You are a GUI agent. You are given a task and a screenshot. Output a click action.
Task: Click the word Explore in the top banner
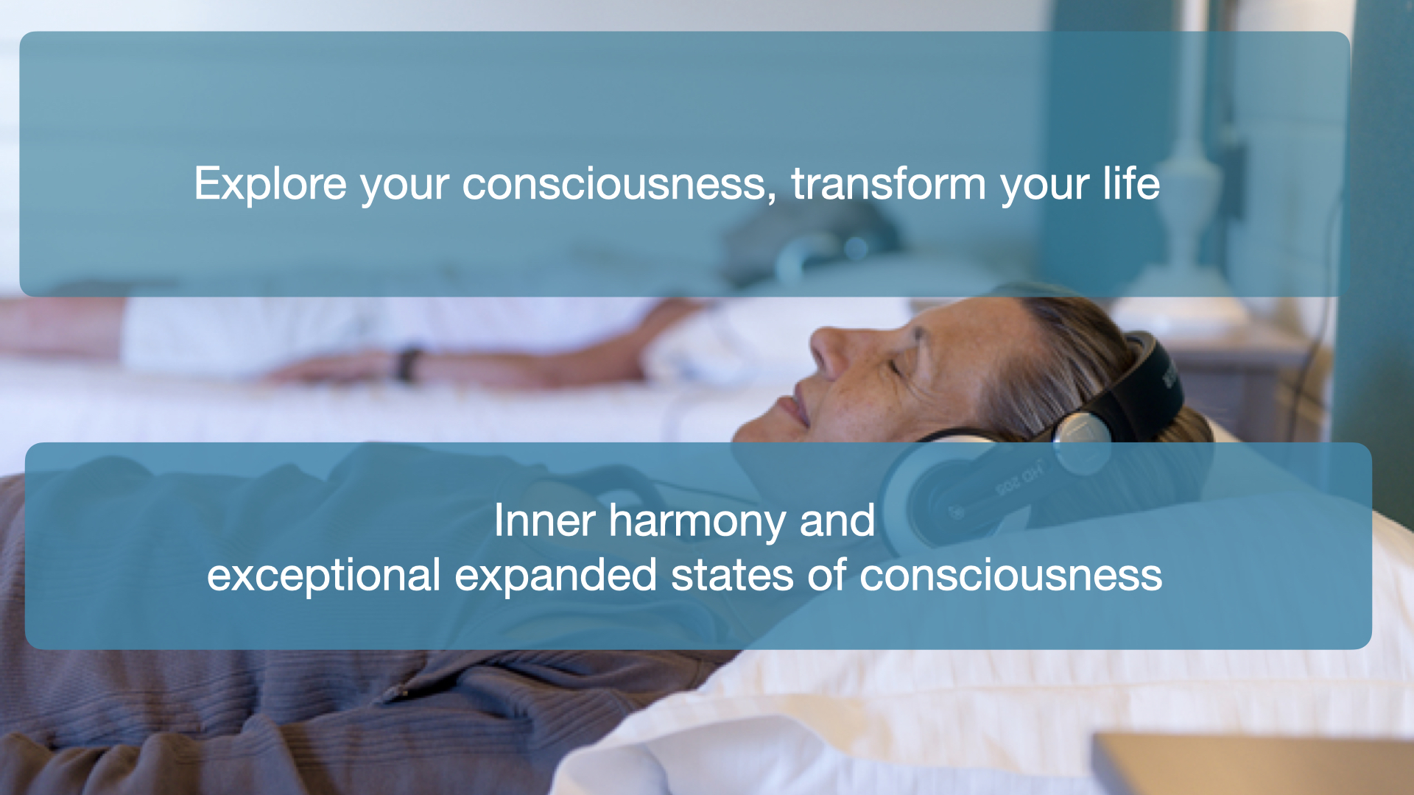(270, 183)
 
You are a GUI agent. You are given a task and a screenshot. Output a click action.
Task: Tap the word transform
(888, 183)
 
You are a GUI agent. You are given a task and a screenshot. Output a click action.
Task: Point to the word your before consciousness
(404, 187)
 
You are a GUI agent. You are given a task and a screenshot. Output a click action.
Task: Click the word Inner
(544, 520)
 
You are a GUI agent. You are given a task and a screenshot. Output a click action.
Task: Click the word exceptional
(323, 576)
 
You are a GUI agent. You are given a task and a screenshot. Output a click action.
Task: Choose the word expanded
(555, 576)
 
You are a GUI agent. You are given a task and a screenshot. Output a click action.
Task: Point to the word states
(732, 576)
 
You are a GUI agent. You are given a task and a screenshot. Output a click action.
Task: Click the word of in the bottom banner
(826, 575)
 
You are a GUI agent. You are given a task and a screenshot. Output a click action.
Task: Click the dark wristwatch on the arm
(407, 364)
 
